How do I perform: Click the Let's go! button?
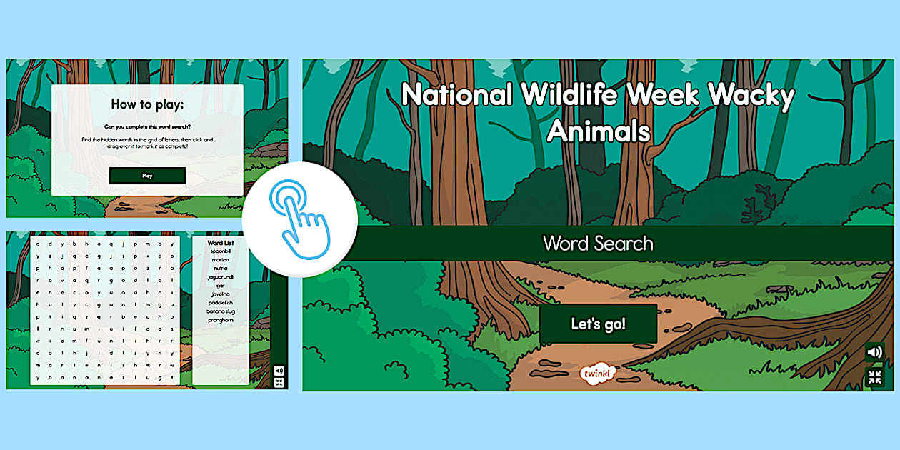click(598, 324)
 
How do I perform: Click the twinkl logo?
click(597, 374)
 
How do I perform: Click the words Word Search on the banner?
click(598, 244)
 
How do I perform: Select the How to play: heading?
click(147, 104)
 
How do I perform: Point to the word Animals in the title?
click(599, 131)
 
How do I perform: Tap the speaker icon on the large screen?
click(874, 352)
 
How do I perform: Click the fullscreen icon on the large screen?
click(874, 377)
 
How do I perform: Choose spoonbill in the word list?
click(220, 251)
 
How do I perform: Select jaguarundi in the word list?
click(220, 276)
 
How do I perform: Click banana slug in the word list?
click(220, 311)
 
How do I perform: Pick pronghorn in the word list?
click(220, 319)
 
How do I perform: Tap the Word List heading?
click(220, 243)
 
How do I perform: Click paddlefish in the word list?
click(220, 302)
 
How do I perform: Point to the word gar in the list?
click(220, 285)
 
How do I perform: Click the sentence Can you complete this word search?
click(147, 126)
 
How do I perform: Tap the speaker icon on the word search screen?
click(279, 371)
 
